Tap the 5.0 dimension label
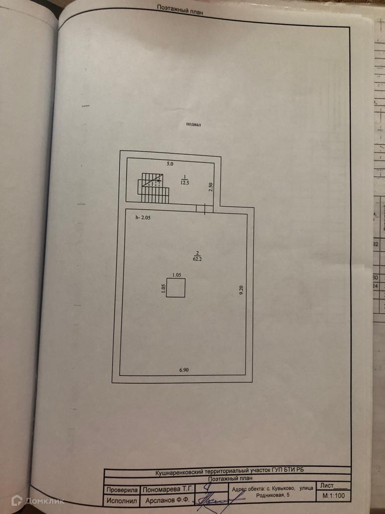[x=169, y=164]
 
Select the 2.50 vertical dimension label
[x=212, y=187]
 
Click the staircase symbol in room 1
[x=153, y=188]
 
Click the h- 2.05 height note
[x=143, y=217]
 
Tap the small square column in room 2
[x=175, y=288]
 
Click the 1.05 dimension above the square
[x=176, y=275]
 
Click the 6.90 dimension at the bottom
[x=185, y=370]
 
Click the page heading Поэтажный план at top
[x=179, y=8]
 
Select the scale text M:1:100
[x=332, y=496]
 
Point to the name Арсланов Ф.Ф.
[x=166, y=500]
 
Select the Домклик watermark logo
[x=38, y=500]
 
